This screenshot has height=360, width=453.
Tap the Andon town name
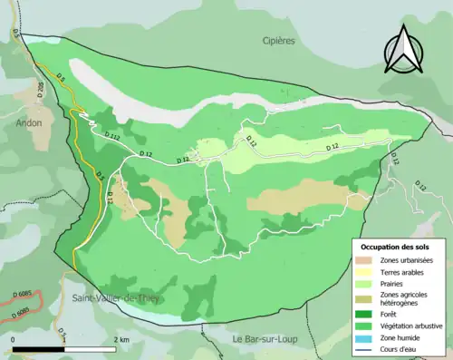28,127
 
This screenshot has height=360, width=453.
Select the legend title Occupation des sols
397,247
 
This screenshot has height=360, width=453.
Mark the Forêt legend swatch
363,314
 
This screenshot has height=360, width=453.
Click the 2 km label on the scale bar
121,339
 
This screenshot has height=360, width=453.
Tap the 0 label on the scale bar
14,339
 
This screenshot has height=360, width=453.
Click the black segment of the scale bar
40,349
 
